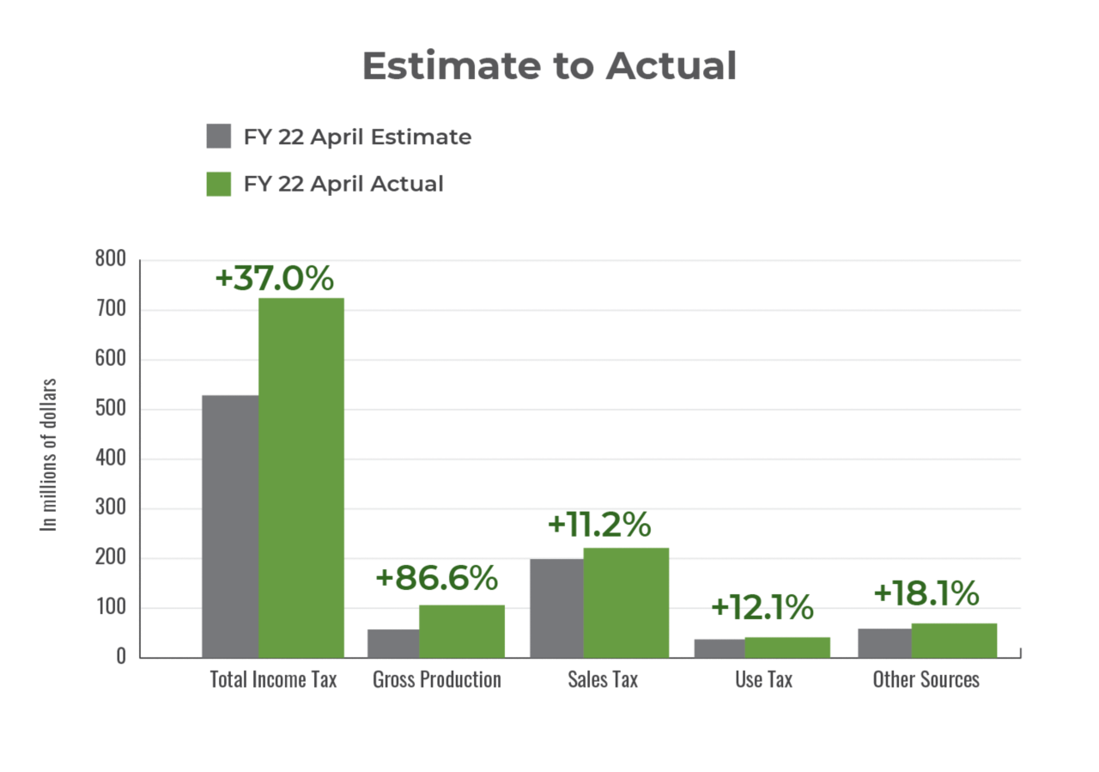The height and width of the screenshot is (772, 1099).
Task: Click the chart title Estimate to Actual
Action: [x=549, y=66]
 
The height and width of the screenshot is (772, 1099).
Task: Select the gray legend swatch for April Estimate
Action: [x=219, y=137]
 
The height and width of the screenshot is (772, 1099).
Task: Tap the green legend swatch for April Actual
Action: [x=219, y=184]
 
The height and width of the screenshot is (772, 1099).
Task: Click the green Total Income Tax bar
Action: [x=301, y=477]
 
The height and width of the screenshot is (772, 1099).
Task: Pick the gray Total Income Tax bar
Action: [x=229, y=526]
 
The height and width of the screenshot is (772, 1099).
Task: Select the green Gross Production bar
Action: [x=462, y=631]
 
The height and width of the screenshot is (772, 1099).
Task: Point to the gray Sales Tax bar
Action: [x=556, y=608]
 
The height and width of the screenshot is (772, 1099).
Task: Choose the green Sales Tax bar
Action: [x=626, y=602]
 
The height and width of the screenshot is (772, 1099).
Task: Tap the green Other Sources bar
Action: [x=954, y=640]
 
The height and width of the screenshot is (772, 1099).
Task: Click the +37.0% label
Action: [x=274, y=278]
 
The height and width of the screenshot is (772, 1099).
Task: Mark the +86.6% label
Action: [x=436, y=578]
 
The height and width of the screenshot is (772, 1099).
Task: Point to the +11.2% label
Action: [x=599, y=526]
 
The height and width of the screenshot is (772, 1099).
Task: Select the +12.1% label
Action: [x=762, y=607]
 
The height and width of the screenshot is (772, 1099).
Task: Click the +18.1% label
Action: [x=926, y=593]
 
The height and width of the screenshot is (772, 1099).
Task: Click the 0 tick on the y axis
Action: [x=121, y=657]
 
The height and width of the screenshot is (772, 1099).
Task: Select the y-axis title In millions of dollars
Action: [x=50, y=454]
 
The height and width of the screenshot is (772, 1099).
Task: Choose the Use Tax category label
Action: [x=763, y=679]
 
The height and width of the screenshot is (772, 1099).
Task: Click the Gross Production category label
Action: [x=437, y=679]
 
